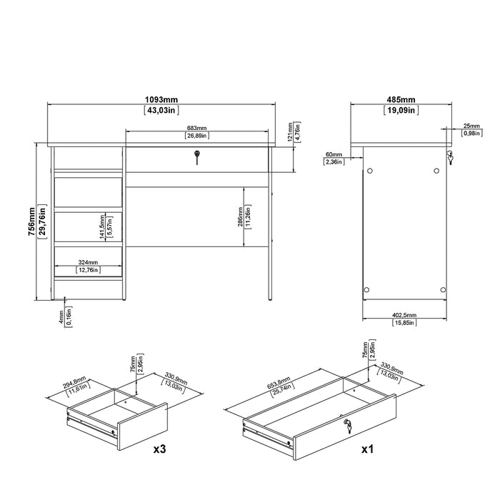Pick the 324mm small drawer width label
(89, 261)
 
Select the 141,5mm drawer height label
(102, 227)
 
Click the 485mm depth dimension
(402, 99)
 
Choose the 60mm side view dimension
(333, 154)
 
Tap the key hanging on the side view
(450, 158)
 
